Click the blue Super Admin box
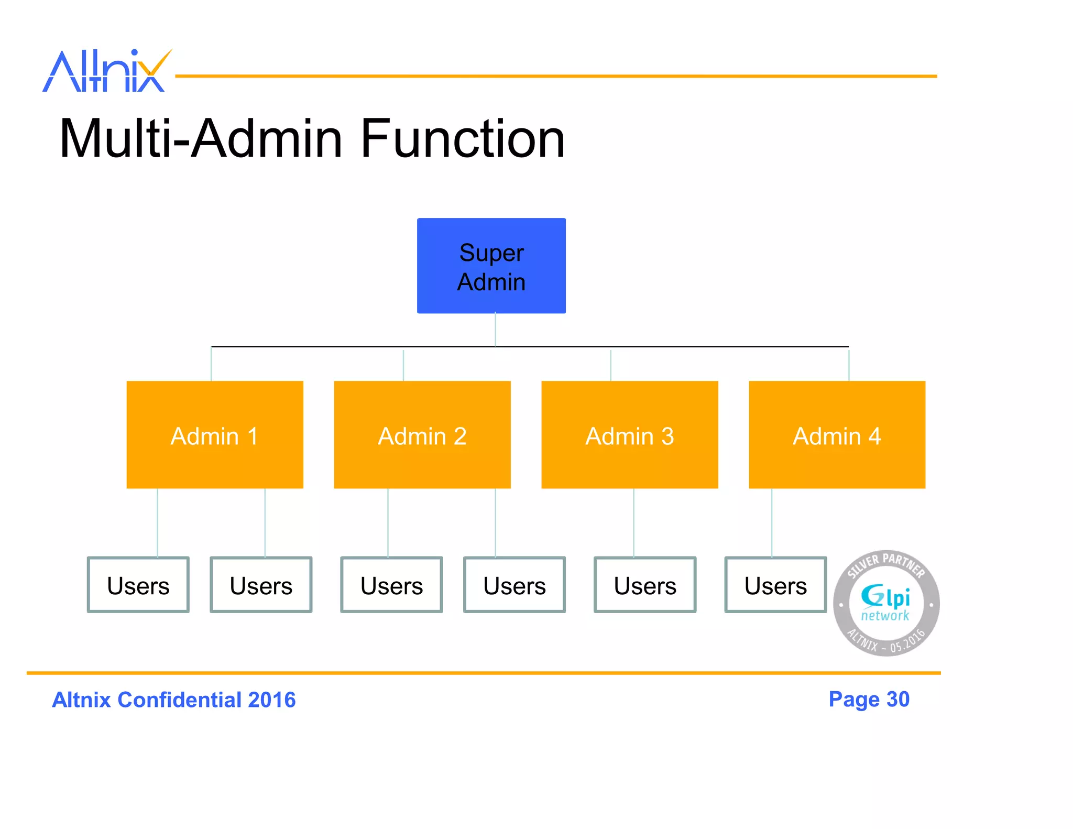click(x=491, y=266)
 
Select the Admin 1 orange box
click(x=215, y=434)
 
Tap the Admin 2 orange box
click(x=422, y=434)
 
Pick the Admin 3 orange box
click(x=629, y=434)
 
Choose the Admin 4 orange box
click(x=837, y=434)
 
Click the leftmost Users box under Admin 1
click(x=138, y=585)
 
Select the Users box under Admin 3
click(x=645, y=585)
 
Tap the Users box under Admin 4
click(x=775, y=585)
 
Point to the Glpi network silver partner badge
click(x=886, y=603)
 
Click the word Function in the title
click(x=463, y=139)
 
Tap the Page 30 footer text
click(x=869, y=700)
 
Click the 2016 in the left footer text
click(x=272, y=700)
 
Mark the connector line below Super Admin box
click(x=495, y=330)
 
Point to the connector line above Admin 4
click(x=848, y=365)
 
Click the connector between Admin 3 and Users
click(x=633, y=522)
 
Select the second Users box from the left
click(x=261, y=585)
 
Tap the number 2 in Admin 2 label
click(x=460, y=437)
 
